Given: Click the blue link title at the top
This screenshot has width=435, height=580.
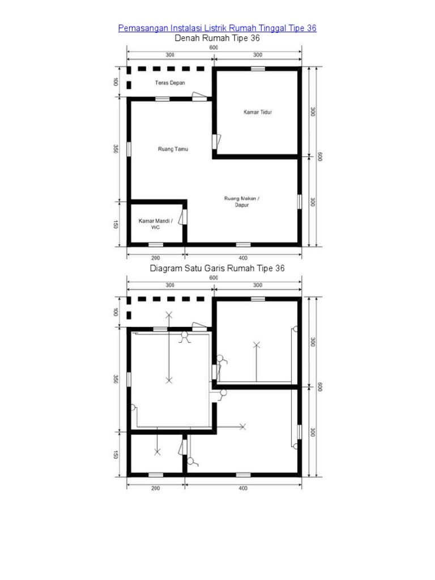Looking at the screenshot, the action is [217, 28].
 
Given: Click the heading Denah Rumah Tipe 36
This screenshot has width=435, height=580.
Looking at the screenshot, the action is [217, 38].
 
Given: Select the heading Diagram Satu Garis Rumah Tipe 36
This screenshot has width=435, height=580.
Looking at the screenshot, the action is [217, 268].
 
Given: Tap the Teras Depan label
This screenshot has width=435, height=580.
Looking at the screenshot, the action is [170, 83].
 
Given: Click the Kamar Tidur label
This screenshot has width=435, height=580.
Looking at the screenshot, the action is [258, 112].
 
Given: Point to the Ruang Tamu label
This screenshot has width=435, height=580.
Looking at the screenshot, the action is [173, 149].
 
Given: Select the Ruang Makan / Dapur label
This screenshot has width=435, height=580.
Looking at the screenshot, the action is [241, 202].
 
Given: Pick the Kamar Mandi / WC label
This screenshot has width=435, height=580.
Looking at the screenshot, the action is [155, 224].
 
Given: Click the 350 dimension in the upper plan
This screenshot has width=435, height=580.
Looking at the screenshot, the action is [116, 149].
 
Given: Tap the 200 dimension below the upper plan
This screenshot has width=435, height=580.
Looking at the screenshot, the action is [155, 258].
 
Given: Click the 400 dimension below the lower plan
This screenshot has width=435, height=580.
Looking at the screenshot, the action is [242, 488].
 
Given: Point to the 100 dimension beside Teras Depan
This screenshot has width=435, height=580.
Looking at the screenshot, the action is [116, 82].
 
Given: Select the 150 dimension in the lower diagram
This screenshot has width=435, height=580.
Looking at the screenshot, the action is [116, 455].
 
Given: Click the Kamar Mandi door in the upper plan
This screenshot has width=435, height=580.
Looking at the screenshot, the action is [182, 217].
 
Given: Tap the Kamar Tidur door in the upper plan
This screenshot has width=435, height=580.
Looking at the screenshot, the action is [216, 142].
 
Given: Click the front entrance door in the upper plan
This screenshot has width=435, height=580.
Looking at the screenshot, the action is [199, 96].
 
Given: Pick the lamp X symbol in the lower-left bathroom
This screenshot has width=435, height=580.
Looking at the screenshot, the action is [157, 452].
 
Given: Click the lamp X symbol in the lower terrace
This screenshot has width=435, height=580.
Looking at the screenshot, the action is [169, 315].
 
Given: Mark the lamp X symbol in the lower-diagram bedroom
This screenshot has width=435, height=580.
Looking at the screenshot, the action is [257, 345].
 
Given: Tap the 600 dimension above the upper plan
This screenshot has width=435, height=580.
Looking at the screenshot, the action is [214, 48].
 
